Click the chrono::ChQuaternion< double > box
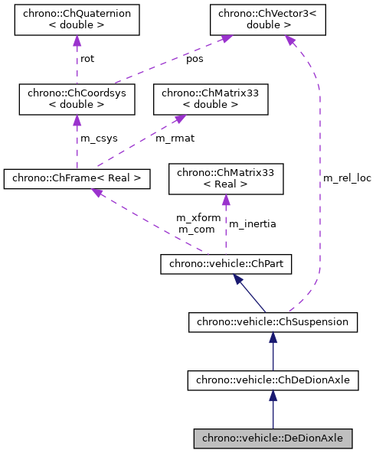(x=77, y=20)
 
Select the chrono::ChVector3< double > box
(x=265, y=20)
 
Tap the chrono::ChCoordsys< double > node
(x=76, y=99)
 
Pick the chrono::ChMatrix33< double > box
(x=211, y=99)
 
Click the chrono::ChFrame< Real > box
(x=76, y=179)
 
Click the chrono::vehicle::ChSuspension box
(x=273, y=322)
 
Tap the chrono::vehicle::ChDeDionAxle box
(x=273, y=380)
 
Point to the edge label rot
(x=87, y=59)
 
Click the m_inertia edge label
(x=253, y=223)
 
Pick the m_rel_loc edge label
(x=347, y=178)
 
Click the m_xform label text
(x=198, y=218)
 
